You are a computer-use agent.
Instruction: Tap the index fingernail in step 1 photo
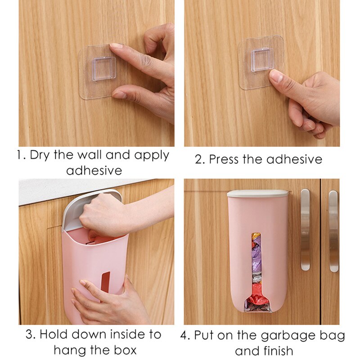point(116,46)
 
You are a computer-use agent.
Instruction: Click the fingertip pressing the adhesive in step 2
point(276,76)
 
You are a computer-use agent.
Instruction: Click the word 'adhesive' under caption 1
point(94,171)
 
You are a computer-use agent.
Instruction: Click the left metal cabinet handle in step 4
point(305,229)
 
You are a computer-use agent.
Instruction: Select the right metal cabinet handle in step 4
point(333,231)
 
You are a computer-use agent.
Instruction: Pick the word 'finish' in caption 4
point(277,350)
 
